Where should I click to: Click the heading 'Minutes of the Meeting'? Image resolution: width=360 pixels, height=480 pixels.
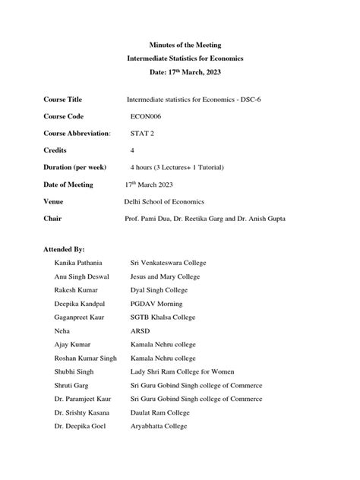179,46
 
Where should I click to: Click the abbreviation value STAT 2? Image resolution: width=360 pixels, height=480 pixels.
144,133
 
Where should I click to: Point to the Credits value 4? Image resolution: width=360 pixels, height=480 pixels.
133,150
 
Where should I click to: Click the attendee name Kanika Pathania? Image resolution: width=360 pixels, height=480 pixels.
81,263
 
